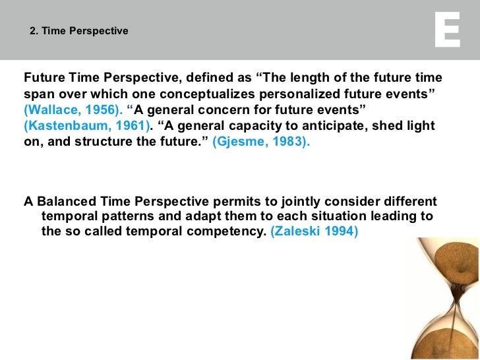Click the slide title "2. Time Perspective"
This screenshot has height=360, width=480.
pyautogui.click(x=79, y=31)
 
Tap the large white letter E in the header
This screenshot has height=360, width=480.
pyautogui.click(x=448, y=30)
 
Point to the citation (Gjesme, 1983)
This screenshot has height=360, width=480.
pyautogui.click(x=260, y=141)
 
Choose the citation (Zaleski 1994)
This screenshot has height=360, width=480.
pyautogui.click(x=315, y=232)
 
